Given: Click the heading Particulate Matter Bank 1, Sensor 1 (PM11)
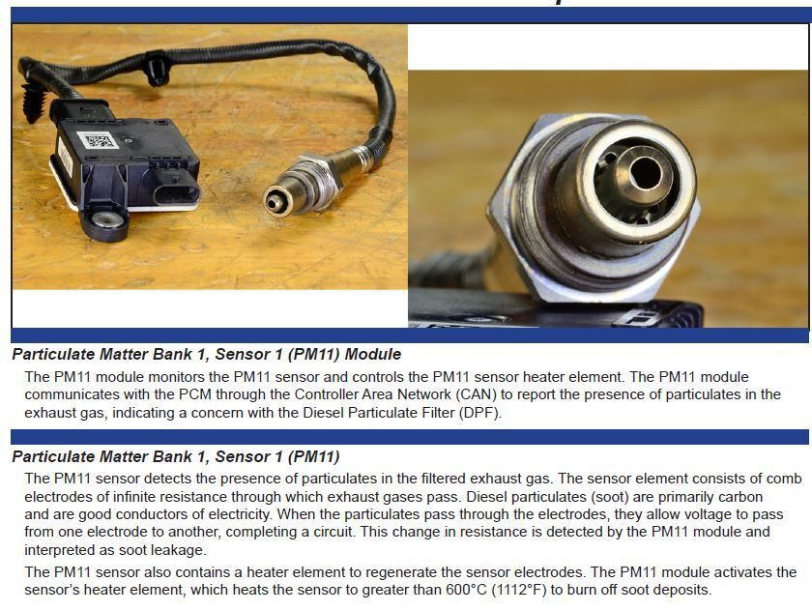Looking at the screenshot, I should (x=176, y=456).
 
